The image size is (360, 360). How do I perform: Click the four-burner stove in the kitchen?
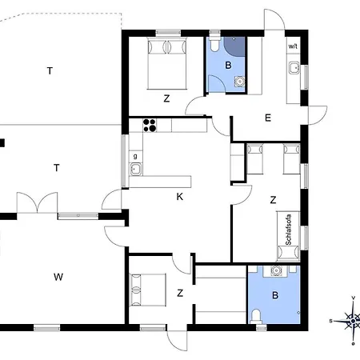(x=150, y=126)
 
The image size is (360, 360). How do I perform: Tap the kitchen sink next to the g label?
(x=136, y=169)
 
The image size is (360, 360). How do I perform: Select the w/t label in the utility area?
(x=293, y=46)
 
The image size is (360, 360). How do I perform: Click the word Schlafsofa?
(x=288, y=230)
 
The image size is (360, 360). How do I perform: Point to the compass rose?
(x=353, y=321)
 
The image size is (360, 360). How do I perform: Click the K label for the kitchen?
(x=180, y=197)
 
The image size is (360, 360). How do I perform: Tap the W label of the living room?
(x=58, y=277)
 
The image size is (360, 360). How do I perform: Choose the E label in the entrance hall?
(x=268, y=118)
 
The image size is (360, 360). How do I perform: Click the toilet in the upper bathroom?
(x=214, y=43)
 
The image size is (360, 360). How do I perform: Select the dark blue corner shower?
(x=234, y=46)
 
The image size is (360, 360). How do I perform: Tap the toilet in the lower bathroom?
(x=256, y=317)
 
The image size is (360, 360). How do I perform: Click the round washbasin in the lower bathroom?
(x=275, y=271)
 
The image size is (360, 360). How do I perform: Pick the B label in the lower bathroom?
(x=275, y=295)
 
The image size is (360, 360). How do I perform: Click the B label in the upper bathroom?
(x=228, y=65)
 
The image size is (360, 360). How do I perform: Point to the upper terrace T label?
(x=50, y=71)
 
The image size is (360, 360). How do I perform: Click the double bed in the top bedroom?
(x=167, y=63)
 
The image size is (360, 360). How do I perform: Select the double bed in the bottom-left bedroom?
(x=148, y=290)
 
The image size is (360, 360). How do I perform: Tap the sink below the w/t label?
(x=294, y=68)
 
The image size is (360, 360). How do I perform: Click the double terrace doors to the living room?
(x=37, y=202)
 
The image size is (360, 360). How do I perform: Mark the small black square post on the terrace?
(x=2, y=143)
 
